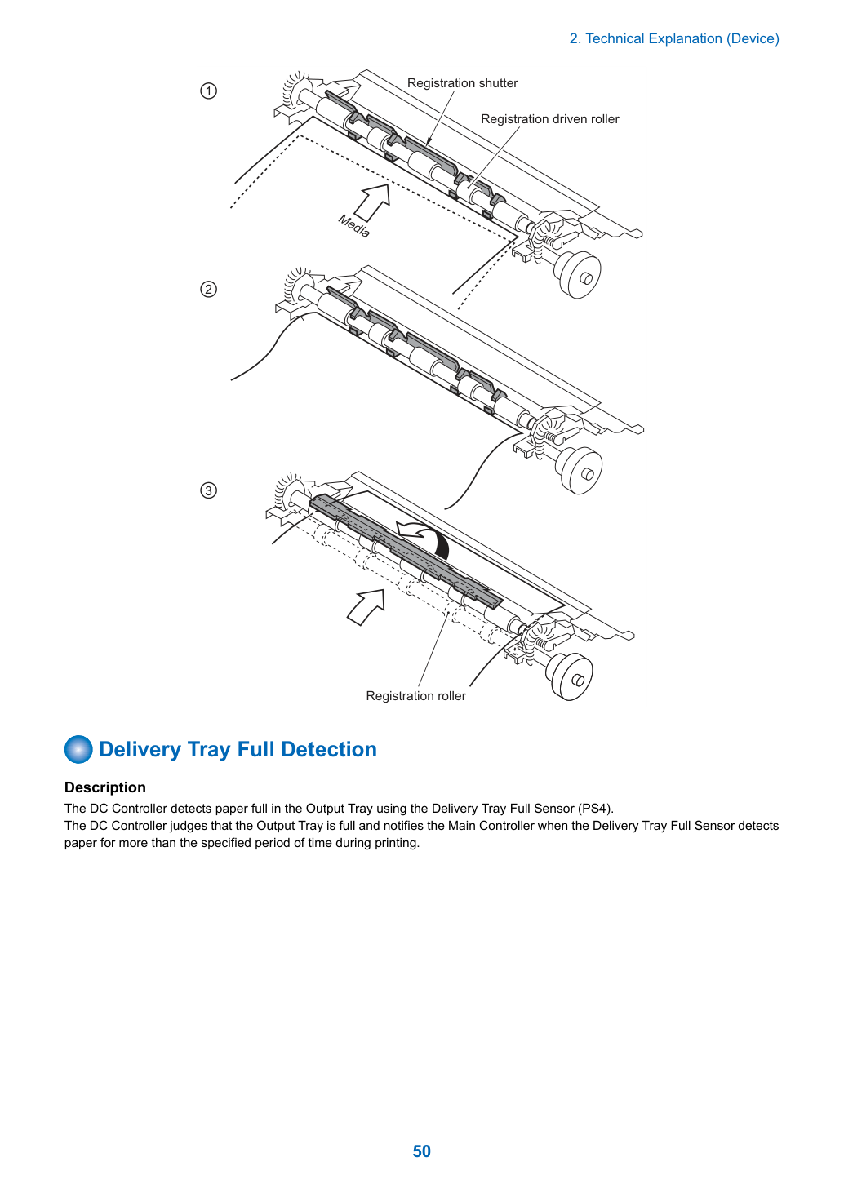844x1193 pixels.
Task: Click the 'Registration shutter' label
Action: [x=462, y=83]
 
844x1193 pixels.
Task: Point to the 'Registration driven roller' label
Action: [x=550, y=119]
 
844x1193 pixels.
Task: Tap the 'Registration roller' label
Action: [x=415, y=695]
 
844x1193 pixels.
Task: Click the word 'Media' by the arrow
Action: [x=353, y=226]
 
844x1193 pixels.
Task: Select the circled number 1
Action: [x=208, y=91]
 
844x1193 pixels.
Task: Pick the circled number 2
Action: [x=208, y=289]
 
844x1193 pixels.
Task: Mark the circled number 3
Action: [x=208, y=490]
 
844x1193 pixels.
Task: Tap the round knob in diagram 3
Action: [x=571, y=676]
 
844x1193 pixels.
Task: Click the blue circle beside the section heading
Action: [x=78, y=749]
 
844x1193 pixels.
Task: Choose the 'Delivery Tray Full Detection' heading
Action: [x=238, y=749]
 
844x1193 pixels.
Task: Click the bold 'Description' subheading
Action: [x=105, y=787]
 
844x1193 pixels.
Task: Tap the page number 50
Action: [x=421, y=1151]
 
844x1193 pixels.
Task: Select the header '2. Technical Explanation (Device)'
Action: [x=674, y=38]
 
